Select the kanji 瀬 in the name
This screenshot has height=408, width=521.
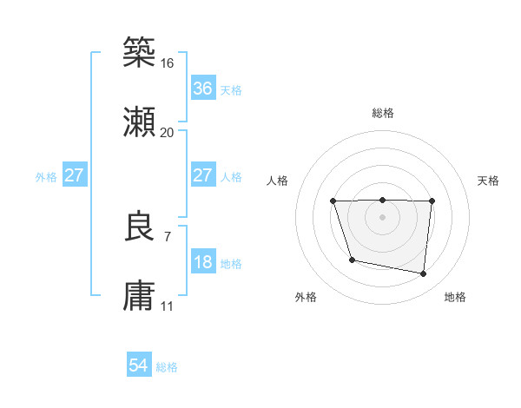140,122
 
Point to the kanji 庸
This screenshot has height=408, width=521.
140,296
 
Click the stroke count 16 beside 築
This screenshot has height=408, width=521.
167,63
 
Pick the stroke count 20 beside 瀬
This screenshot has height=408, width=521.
167,133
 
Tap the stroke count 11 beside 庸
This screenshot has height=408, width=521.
167,306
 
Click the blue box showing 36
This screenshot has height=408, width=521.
202,89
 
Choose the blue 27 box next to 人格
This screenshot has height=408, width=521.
202,175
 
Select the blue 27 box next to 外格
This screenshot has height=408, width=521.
74,175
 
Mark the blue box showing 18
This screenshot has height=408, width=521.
202,262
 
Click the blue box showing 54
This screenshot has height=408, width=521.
138,365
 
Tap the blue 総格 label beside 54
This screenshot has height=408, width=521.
167,367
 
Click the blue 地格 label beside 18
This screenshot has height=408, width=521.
231,264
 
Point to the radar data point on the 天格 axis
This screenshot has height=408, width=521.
432,201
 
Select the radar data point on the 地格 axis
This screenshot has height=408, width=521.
424,274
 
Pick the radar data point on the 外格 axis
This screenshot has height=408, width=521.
352,260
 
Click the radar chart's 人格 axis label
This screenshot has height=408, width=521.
279,181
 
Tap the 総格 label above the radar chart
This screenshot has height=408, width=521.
383,113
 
